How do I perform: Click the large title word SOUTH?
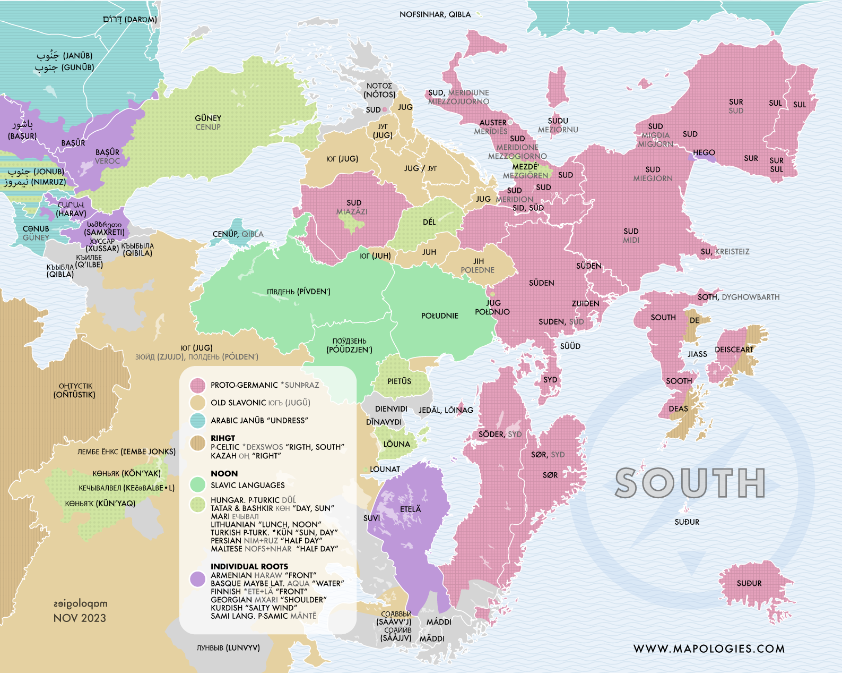[690, 483]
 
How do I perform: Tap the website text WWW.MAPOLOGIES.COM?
[709, 649]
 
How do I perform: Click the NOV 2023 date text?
[80, 618]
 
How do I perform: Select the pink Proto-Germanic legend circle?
[198, 385]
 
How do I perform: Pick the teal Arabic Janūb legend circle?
[198, 420]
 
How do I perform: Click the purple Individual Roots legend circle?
[198, 579]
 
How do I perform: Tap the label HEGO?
[704, 152]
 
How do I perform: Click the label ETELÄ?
[410, 509]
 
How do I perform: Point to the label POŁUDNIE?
[439, 316]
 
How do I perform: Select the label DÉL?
[429, 222]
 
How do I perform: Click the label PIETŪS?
[399, 381]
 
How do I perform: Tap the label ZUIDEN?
[585, 303]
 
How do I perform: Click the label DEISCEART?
[734, 350]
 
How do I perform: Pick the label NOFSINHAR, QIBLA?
[435, 14]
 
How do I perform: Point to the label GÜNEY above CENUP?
[208, 118]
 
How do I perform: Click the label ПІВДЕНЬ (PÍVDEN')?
[299, 292]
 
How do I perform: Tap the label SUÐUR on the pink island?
[749, 583]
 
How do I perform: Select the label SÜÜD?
[570, 346]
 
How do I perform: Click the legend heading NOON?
[224, 473]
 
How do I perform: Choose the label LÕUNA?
[396, 444]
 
